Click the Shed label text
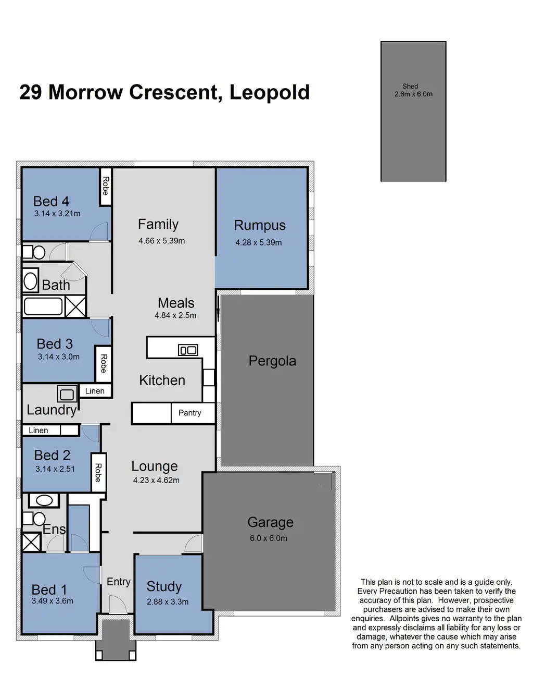coord(410,87)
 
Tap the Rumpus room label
coord(260,225)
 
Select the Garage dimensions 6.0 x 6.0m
coord(269,538)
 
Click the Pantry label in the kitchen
coord(189,413)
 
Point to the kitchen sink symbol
coord(188,350)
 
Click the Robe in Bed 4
coord(106,186)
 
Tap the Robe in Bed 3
coord(104,363)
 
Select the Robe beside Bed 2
coord(97,472)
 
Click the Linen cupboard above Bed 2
coord(39,431)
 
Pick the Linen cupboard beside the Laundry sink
coord(95,391)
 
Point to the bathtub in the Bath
coord(43,306)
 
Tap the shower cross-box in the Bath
coord(75,306)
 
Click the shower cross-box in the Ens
coord(31,542)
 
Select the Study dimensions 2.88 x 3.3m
coord(168,601)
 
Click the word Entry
coord(118,582)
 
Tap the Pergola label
coord(272,361)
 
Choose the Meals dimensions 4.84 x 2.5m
coord(175,315)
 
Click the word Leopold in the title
coord(270,92)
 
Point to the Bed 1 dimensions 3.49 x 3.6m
coord(52,601)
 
